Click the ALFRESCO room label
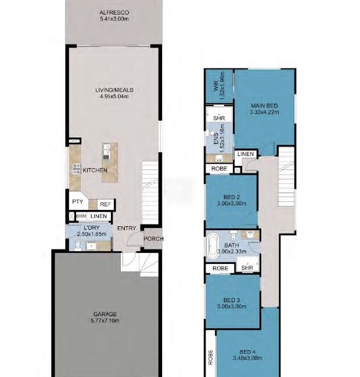pyautogui.click(x=114, y=13)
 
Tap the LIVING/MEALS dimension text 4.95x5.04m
pyautogui.click(x=114, y=96)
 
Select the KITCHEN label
pyautogui.click(x=95, y=170)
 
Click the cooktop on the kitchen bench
pyautogui.click(x=76, y=169)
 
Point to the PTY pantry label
pyautogui.click(x=77, y=201)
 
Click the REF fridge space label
pyautogui.click(x=105, y=204)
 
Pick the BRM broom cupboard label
pyautogui.click(x=81, y=216)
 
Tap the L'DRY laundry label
pyautogui.click(x=91, y=228)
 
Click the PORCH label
pyautogui.click(x=153, y=239)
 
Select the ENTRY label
pyautogui.click(x=127, y=228)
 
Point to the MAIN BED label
pyautogui.click(x=264, y=106)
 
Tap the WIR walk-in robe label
pyautogui.click(x=216, y=86)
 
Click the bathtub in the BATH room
pyautogui.click(x=212, y=246)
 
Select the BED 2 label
pyautogui.click(x=232, y=197)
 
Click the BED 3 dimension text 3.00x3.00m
pyautogui.click(x=232, y=306)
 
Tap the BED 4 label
pyautogui.click(x=247, y=351)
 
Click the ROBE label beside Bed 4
pyautogui.click(x=211, y=357)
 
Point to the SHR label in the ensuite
pyautogui.click(x=219, y=118)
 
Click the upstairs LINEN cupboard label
pyautogui.click(x=246, y=154)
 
